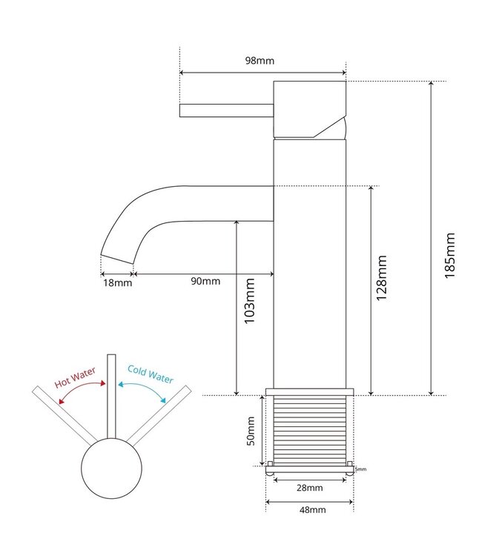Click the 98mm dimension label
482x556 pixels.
point(263,61)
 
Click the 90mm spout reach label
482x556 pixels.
point(205,281)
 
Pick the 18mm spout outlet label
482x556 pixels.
point(117,282)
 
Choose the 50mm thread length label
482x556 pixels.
point(251,431)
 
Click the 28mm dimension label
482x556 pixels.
point(309,488)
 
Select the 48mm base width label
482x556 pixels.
point(309,510)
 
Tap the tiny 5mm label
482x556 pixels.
point(360,469)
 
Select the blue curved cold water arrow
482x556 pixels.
point(144,390)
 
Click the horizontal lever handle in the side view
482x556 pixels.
point(226,110)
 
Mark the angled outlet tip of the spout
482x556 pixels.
point(117,259)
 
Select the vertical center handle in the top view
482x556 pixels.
point(112,397)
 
